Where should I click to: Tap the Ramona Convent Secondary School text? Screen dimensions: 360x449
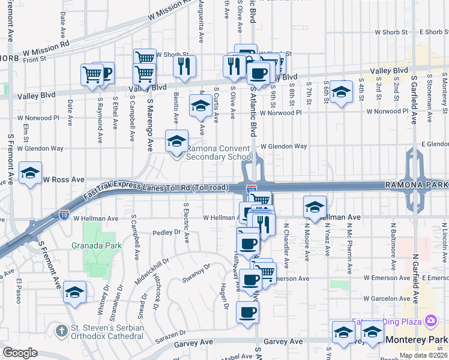(219, 152)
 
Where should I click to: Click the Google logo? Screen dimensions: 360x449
(20, 353)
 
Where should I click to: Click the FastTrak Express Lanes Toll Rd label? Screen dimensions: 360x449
(156, 187)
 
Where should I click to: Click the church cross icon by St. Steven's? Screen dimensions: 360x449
(61, 331)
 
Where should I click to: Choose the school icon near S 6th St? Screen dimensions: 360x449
(341, 92)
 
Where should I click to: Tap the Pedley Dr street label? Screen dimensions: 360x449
(167, 232)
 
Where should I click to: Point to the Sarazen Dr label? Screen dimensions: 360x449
(169, 334)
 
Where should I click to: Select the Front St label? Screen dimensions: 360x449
(35, 59)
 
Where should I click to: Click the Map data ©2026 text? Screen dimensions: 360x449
(423, 355)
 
